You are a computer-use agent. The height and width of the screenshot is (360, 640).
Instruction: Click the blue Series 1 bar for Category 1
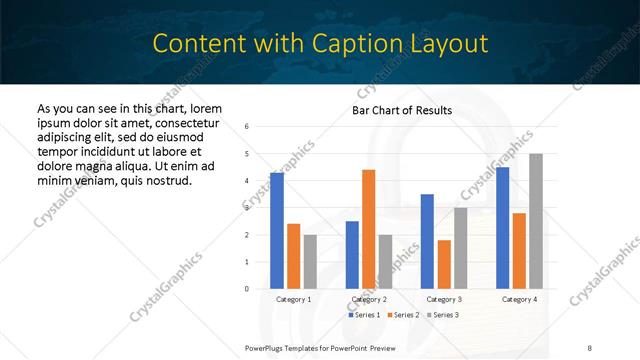(x=277, y=231)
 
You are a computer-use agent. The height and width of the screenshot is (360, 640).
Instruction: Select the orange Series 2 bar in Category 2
(x=368, y=229)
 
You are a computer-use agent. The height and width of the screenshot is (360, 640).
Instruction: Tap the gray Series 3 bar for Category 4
(x=536, y=221)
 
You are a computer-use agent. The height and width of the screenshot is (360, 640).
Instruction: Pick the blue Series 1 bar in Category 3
(x=427, y=241)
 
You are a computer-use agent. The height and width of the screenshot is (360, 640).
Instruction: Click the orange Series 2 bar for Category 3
(x=444, y=264)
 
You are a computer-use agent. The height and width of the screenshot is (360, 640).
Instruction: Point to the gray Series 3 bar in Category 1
(x=310, y=261)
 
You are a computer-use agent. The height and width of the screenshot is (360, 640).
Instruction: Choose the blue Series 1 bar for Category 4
(x=502, y=228)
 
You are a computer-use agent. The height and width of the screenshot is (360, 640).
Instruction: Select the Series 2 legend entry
(x=403, y=315)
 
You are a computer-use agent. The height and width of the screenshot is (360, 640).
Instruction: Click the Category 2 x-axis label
(x=368, y=299)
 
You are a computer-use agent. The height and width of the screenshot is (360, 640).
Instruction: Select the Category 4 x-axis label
(x=519, y=299)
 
